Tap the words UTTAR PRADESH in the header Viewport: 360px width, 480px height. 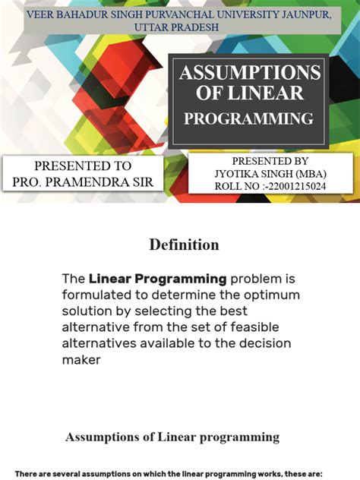point(175,27)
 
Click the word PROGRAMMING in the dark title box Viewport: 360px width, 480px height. point(248,118)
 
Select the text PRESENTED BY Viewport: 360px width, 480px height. point(270,161)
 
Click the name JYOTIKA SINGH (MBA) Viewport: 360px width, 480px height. point(270,173)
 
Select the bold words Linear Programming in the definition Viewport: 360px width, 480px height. point(158,279)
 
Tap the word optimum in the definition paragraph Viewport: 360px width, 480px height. point(270,295)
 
